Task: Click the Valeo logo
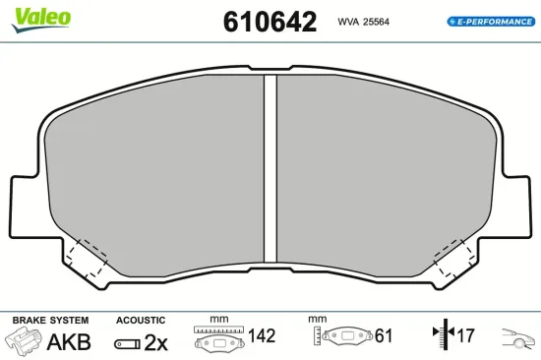(41, 20)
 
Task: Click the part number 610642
(270, 22)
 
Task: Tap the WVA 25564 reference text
(363, 22)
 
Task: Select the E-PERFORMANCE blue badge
(491, 22)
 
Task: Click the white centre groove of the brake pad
(270, 168)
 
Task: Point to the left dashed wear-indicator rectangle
(87, 258)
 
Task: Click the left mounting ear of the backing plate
(25, 208)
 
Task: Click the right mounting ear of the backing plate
(516, 208)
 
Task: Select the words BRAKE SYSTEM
(50, 321)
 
